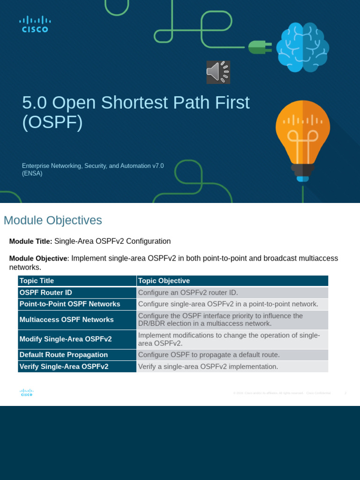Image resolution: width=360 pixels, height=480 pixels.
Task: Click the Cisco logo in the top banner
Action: [35, 24]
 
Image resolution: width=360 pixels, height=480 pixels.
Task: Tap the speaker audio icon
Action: [218, 72]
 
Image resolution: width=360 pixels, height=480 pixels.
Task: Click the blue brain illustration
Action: [302, 47]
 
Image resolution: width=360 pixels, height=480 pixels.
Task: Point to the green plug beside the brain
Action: [260, 47]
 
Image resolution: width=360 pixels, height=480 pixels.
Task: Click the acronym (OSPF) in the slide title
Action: [52, 122]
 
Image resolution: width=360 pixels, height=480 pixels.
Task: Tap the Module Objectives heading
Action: [52, 220]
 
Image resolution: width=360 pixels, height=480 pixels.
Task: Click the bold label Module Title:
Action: [30, 241]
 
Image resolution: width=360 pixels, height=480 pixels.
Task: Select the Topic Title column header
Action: [37, 281]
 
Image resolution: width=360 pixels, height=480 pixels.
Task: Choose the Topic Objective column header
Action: [164, 281]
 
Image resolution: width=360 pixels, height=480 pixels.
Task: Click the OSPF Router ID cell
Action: [45, 292]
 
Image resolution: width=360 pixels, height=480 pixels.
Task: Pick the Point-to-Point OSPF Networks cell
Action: [69, 304]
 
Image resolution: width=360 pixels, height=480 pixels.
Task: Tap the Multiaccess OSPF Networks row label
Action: [66, 320]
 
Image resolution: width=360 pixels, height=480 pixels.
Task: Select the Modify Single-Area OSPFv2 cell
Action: [65, 339]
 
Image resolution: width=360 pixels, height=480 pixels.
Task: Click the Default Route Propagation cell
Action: [63, 355]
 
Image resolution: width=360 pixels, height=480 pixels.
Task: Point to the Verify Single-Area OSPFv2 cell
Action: [64, 367]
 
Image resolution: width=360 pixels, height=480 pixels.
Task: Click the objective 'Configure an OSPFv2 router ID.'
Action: [191, 292]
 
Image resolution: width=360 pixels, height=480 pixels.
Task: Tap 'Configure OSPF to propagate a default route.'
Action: [209, 355]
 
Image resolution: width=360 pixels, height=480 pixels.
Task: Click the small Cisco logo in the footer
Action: [27, 393]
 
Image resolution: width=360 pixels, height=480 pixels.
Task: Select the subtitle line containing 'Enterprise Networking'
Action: [93, 165]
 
